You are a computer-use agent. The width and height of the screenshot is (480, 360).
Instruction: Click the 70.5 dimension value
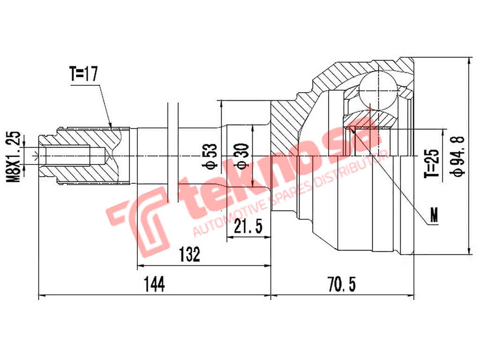pos(342,285)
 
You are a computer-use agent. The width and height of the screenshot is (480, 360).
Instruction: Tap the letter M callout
pos(435,215)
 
